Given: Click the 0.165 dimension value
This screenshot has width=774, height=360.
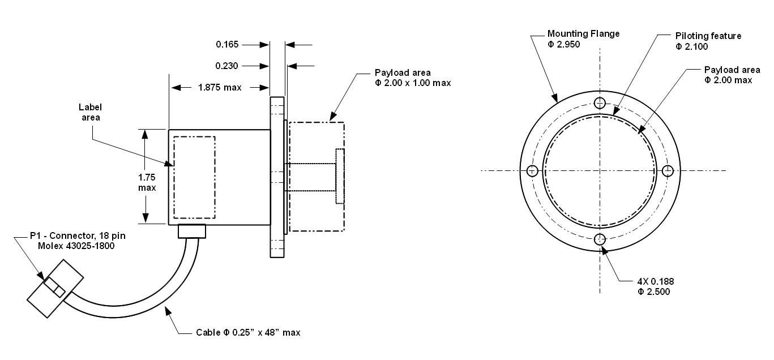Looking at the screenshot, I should (227, 44).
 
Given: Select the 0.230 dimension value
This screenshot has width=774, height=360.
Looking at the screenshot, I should (227, 66).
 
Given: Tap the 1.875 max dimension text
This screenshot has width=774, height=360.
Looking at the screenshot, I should (220, 88).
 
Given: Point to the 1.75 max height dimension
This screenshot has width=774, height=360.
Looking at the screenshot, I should (147, 182).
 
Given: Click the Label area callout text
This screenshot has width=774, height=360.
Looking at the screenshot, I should (89, 112).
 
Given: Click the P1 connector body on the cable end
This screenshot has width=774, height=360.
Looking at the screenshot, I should (55, 289).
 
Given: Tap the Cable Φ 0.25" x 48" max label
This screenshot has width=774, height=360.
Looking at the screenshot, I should (248, 332).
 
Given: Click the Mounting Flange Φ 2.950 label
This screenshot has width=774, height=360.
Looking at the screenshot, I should (583, 38).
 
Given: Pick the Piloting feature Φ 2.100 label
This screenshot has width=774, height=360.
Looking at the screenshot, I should (708, 41).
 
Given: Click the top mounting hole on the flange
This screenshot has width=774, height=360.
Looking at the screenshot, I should (600, 102).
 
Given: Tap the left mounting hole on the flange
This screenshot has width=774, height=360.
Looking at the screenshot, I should (532, 171).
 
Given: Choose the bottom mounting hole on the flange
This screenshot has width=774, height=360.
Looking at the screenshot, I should (600, 239).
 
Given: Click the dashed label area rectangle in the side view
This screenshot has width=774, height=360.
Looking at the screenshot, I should (194, 177).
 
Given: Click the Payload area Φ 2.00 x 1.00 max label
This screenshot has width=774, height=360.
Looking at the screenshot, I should (413, 78).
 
